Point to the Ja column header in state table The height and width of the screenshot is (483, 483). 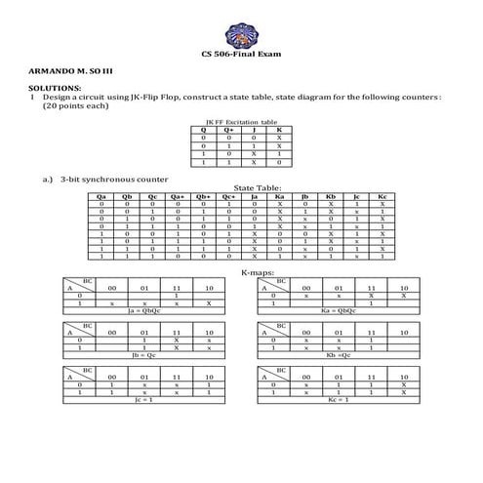[x=254, y=195]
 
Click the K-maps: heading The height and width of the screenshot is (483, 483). [x=257, y=273]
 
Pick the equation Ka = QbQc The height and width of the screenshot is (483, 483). [x=338, y=311]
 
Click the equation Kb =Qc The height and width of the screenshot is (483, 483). [x=338, y=355]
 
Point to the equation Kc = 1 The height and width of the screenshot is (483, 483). [x=338, y=399]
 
